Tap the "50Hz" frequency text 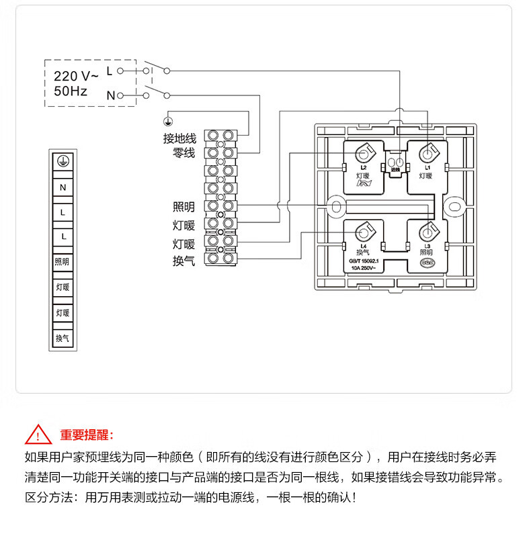click(x=71, y=91)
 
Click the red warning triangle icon click(x=38, y=435)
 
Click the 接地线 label click(x=179, y=138)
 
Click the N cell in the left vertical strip click(x=63, y=187)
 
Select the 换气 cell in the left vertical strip click(x=63, y=338)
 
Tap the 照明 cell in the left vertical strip click(x=63, y=262)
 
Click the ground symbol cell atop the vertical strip click(x=63, y=162)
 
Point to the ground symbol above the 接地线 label click(x=169, y=122)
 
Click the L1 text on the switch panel click(x=427, y=167)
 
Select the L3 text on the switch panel click(x=427, y=247)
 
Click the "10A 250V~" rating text click(x=364, y=267)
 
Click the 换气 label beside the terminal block click(x=183, y=259)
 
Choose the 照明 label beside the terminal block click(x=183, y=207)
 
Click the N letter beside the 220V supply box click(x=110, y=95)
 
